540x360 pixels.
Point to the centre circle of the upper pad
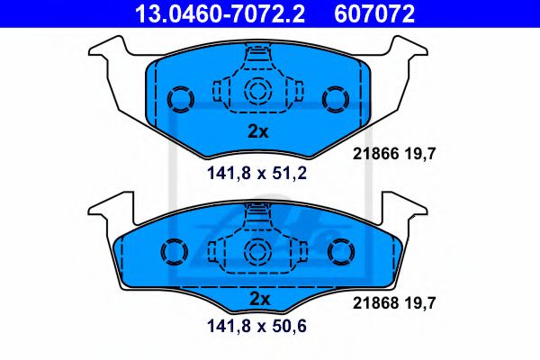(x=258, y=90)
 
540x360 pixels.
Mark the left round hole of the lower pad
(x=172, y=251)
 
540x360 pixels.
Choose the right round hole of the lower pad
(x=343, y=251)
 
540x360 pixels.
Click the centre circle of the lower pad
(x=258, y=252)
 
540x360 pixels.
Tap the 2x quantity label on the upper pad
(x=258, y=131)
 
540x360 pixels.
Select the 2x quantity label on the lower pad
(x=258, y=298)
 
